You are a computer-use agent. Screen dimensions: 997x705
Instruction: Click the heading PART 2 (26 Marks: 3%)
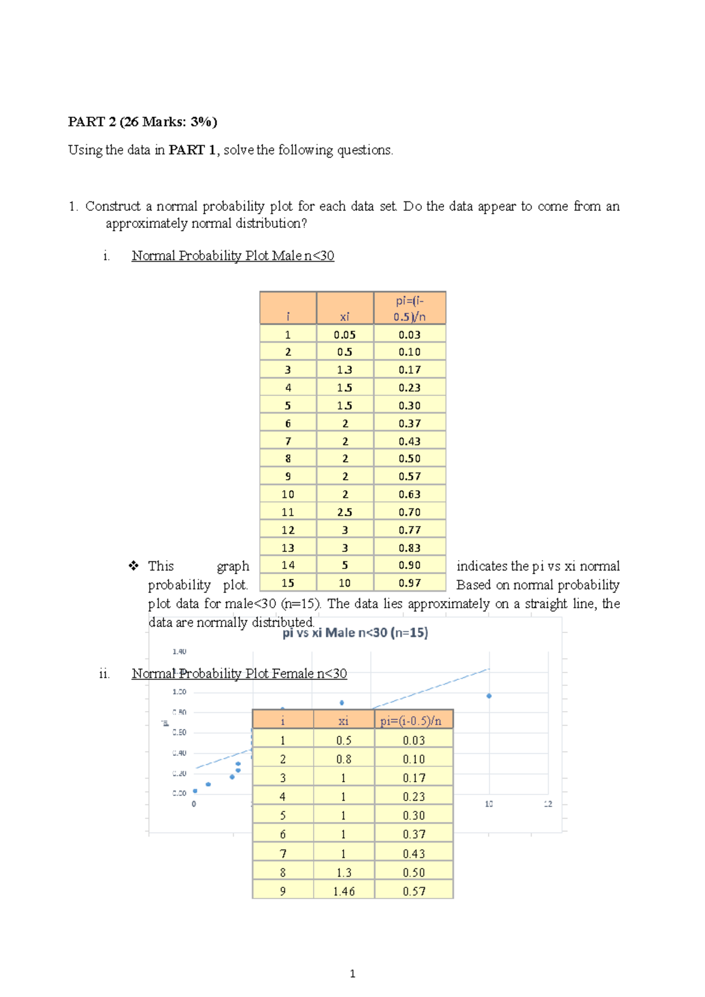pyautogui.click(x=142, y=122)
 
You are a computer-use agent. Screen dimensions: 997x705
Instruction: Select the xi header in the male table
pyautogui.click(x=345, y=316)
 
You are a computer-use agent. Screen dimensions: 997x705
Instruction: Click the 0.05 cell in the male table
pyautogui.click(x=345, y=335)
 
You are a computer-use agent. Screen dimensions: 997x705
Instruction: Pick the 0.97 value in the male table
pyautogui.click(x=409, y=583)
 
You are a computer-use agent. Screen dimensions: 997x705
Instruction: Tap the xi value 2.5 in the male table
pyautogui.click(x=345, y=512)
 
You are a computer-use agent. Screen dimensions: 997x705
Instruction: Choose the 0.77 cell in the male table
pyautogui.click(x=409, y=530)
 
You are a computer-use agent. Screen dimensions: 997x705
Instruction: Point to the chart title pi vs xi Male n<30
pyautogui.click(x=355, y=633)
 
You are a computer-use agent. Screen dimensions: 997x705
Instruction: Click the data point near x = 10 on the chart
pyautogui.click(x=489, y=696)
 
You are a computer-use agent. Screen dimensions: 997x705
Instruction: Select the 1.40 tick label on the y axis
pyautogui.click(x=179, y=652)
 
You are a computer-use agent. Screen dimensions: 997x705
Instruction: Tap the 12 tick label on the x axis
pyautogui.click(x=548, y=804)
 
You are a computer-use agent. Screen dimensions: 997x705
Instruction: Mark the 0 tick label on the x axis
pyautogui.click(x=194, y=804)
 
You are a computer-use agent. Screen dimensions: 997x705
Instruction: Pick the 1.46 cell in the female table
pyautogui.click(x=344, y=891)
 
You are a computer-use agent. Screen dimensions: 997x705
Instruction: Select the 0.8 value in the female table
pyautogui.click(x=344, y=759)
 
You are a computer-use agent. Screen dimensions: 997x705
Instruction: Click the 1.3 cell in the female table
pyautogui.click(x=344, y=873)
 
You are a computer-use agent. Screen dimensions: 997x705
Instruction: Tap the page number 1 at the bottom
pyautogui.click(x=352, y=974)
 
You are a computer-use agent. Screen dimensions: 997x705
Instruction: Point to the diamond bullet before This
pyautogui.click(x=133, y=566)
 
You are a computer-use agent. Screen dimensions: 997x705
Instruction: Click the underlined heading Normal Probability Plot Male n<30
pyautogui.click(x=233, y=256)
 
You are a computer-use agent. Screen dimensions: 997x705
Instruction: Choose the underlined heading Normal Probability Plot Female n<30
pyautogui.click(x=239, y=673)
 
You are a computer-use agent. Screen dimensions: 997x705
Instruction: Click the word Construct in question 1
pyautogui.click(x=113, y=207)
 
